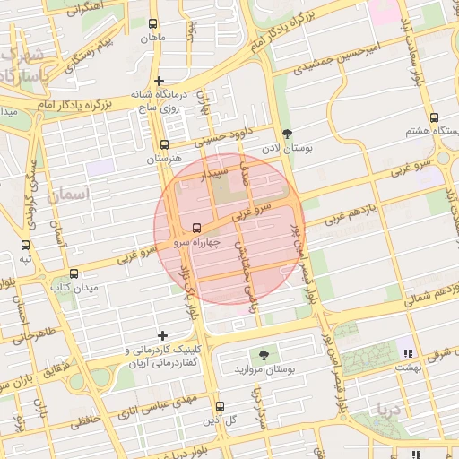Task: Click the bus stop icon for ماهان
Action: [152, 24]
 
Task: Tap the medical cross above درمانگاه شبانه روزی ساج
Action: [159, 81]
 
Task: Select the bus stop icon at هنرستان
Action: [163, 143]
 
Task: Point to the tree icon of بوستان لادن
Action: [287, 132]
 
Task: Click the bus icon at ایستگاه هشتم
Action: [435, 117]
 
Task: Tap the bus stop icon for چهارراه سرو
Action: [196, 227]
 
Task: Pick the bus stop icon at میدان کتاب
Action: [74, 273]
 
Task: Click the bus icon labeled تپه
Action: [25, 245]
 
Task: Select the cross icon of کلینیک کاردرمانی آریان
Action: [162, 336]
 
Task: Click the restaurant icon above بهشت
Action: [409, 352]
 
